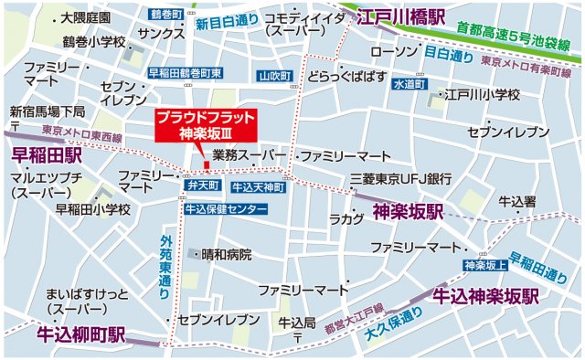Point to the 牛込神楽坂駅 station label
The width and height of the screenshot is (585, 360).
click(485, 297)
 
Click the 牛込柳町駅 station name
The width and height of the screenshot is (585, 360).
click(80, 334)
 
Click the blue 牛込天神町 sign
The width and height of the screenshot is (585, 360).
click(258, 186)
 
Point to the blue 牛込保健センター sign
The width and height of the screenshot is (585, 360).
click(226, 208)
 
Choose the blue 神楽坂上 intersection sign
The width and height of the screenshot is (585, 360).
click(485, 265)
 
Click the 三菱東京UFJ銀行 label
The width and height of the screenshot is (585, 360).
click(401, 178)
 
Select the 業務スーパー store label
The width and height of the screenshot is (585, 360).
click(250, 156)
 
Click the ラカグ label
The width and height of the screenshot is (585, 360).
click(346, 218)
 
